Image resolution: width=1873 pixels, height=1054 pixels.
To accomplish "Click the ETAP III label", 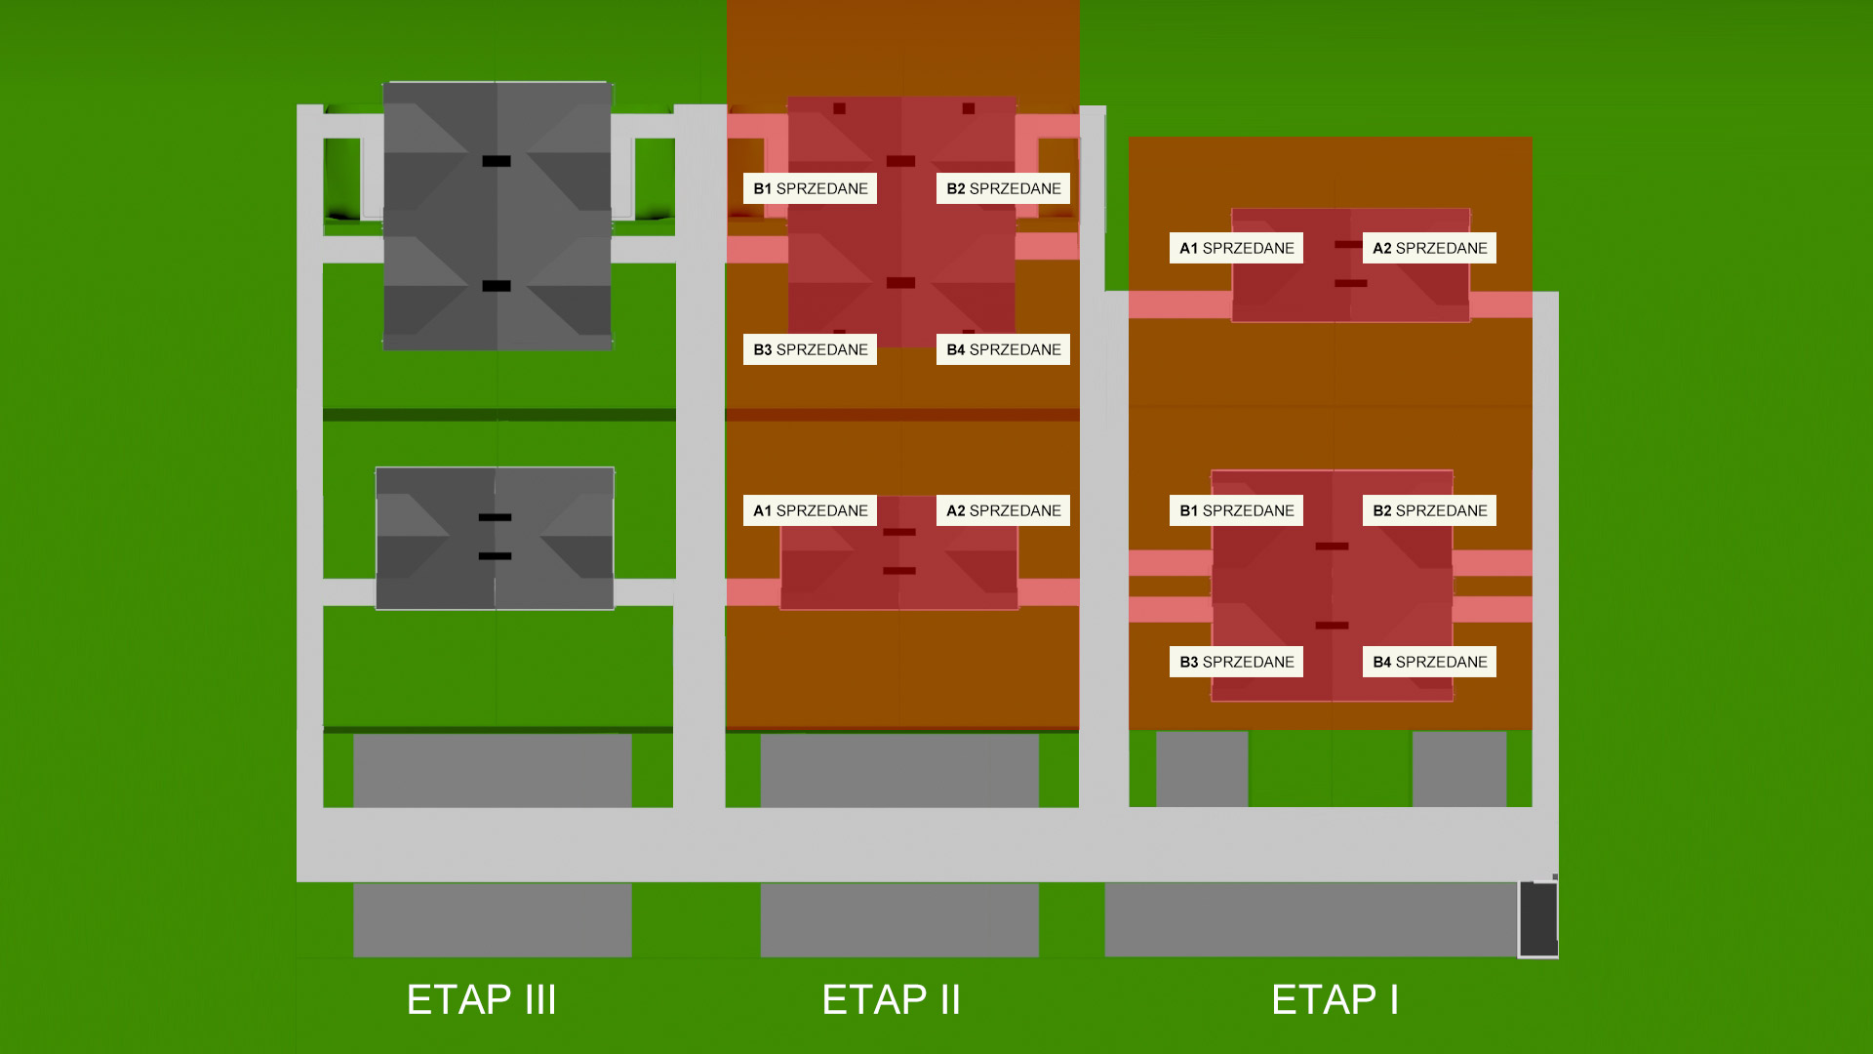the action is pyautogui.click(x=481, y=999).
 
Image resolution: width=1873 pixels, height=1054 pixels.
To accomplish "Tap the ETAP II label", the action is pyautogui.click(x=891, y=999).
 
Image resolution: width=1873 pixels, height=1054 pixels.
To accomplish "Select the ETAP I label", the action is pyautogui.click(x=1335, y=999).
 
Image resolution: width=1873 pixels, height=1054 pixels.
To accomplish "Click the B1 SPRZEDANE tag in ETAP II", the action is pyautogui.click(x=810, y=188).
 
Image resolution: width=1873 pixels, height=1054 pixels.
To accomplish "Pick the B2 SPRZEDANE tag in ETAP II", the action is pyautogui.click(x=1003, y=188).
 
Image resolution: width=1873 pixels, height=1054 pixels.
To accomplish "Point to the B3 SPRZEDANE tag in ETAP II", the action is pyautogui.click(x=810, y=349).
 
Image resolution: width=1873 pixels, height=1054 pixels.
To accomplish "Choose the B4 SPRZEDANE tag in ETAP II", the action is pyautogui.click(x=1003, y=349).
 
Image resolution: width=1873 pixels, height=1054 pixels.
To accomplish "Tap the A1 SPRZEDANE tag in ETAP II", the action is pyautogui.click(x=810, y=510).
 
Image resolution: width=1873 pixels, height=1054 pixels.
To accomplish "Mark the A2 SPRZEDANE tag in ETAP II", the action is pyautogui.click(x=1003, y=510).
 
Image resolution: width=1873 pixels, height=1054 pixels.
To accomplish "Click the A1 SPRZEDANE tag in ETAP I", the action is pyautogui.click(x=1236, y=248).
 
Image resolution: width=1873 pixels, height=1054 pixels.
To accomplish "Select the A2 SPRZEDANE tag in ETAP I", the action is pyautogui.click(x=1429, y=248).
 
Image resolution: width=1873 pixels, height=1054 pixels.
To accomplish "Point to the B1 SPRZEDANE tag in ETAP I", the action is pyautogui.click(x=1236, y=510).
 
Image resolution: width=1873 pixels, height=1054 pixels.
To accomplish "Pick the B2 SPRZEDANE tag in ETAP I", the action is pyautogui.click(x=1429, y=510).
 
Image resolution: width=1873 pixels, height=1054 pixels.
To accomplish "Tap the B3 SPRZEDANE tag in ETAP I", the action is pyautogui.click(x=1236, y=662).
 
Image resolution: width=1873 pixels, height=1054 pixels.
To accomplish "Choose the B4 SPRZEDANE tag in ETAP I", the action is pyautogui.click(x=1429, y=662).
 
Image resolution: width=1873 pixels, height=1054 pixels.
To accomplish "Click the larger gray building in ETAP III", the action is pyautogui.click(x=498, y=216).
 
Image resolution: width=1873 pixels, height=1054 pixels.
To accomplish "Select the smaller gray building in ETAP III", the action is pyautogui.click(x=495, y=539).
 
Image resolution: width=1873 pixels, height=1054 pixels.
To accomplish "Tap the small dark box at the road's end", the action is pyautogui.click(x=1538, y=919).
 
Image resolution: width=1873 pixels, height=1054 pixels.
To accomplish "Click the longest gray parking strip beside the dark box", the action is pyautogui.click(x=1311, y=919).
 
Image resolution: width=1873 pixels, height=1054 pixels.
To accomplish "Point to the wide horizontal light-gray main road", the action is pyautogui.click(x=927, y=845).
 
